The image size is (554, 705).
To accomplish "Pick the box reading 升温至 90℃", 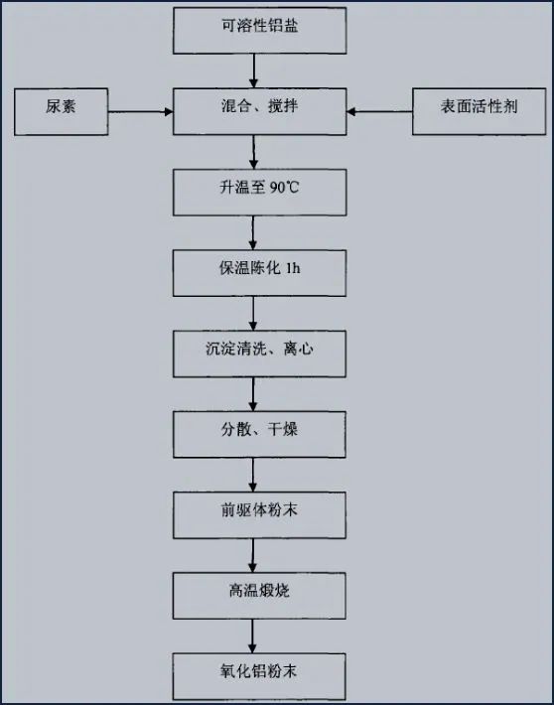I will pos(259,192).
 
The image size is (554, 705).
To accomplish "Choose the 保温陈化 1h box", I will pos(259,272).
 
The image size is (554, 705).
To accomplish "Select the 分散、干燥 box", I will pos(259,434).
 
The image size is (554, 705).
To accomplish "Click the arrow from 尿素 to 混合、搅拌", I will pos(139,111).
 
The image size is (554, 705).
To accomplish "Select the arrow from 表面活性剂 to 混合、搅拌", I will pos(379,111).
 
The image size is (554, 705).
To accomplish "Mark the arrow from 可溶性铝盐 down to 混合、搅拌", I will pos(255,70).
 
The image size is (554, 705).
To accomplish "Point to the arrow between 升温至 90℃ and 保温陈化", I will pos(255,232).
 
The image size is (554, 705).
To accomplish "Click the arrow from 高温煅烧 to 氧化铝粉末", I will pos(255,635).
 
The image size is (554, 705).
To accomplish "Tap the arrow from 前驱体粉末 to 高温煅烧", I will pos(255,555).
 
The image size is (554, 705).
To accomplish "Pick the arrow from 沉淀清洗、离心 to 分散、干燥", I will pos(255,393).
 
